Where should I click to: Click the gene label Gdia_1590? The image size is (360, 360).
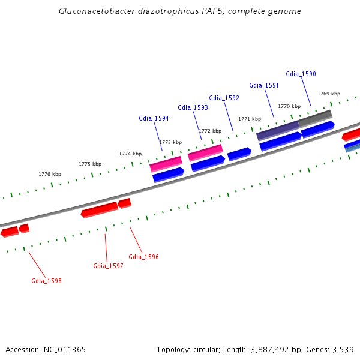(301, 74)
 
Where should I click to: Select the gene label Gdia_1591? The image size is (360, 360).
(264, 85)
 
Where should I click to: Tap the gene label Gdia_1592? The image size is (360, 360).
(224, 98)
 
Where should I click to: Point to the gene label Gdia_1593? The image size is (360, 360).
(193, 107)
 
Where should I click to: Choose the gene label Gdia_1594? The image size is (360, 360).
(154, 118)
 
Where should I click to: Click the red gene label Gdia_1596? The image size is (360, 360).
(143, 257)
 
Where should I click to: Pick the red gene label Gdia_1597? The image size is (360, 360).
(108, 266)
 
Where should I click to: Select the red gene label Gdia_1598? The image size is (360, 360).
(46, 281)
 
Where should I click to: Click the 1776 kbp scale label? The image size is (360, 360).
(50, 174)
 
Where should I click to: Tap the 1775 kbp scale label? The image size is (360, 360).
(90, 164)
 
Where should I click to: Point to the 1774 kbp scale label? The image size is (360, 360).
(130, 154)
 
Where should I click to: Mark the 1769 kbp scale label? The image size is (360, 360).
(329, 94)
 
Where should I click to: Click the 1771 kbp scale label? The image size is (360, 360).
(250, 119)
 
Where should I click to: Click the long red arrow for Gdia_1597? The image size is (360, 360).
(100, 209)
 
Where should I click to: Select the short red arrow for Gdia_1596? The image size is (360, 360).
(124, 203)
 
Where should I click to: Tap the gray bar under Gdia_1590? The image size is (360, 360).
(315, 118)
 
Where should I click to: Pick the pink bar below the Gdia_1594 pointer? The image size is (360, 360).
(166, 163)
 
